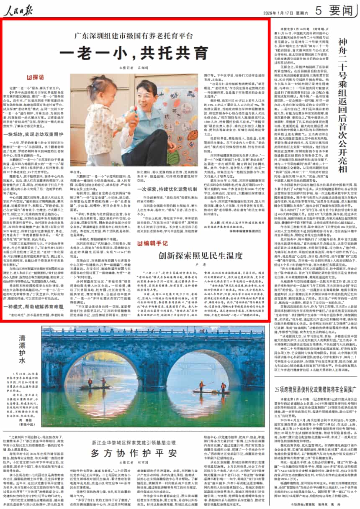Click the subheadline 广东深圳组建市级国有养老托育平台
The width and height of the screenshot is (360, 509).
click(134, 36)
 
